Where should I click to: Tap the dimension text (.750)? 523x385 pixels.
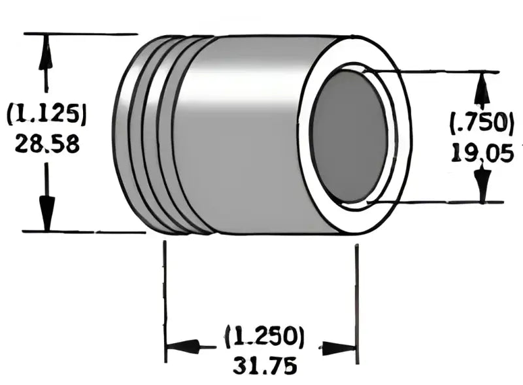tap(481, 122)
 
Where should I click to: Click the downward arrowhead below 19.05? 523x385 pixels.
tap(482, 184)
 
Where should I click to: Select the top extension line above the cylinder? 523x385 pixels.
tap(78, 33)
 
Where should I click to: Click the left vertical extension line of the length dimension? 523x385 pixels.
tap(164, 294)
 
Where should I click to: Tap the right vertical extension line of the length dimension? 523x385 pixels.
tap(356, 294)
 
